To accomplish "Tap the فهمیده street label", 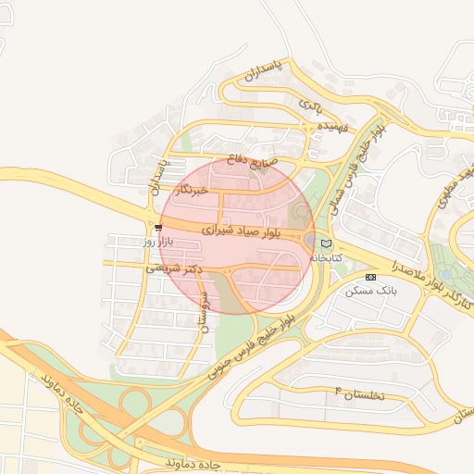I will [331, 126].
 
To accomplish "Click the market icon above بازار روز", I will [159, 227].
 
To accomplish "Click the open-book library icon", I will [325, 243].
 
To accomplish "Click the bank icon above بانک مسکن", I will [371, 277].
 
